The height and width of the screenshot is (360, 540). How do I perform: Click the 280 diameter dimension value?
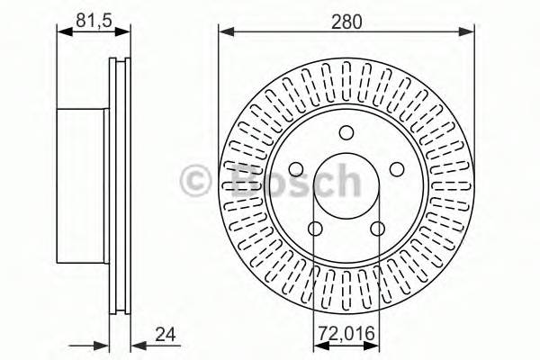[346, 20]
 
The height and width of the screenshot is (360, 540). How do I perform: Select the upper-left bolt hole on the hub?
[294, 169]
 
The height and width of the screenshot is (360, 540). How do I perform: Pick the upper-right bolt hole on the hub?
[397, 169]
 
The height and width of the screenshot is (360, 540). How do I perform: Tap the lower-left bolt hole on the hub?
[313, 229]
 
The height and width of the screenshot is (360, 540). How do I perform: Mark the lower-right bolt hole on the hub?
[378, 229]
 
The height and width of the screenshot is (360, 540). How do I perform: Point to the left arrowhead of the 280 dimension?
[224, 32]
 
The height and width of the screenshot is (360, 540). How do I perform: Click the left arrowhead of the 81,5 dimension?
[62, 32]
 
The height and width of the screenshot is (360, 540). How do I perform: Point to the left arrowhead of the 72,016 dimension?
[317, 346]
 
